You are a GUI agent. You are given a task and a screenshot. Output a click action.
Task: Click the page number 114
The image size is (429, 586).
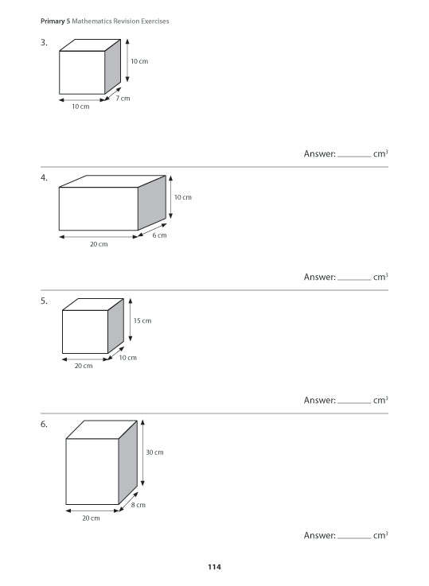coord(214,567)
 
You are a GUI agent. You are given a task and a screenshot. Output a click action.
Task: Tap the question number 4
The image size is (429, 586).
coord(43,177)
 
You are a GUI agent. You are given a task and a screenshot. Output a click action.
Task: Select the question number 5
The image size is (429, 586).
coord(43,301)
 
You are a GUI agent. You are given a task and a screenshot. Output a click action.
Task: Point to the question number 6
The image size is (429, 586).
coord(43,425)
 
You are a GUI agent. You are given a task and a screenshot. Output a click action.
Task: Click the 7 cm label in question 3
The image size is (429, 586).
coord(123,98)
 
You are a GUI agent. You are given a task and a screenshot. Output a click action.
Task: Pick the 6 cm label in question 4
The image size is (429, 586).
coord(159,235)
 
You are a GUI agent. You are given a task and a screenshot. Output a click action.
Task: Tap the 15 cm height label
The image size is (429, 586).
coord(142,320)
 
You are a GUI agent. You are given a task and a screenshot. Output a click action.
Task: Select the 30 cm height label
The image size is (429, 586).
coord(154,452)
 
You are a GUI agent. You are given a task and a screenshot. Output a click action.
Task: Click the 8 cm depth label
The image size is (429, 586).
coord(138,505)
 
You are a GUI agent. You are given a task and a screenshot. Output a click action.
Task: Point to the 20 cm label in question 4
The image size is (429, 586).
coord(98,244)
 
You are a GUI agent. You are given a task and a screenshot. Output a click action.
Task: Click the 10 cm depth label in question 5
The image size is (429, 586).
coord(128,358)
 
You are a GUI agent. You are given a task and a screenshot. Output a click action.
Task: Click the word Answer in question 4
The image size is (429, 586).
coord(319,277)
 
